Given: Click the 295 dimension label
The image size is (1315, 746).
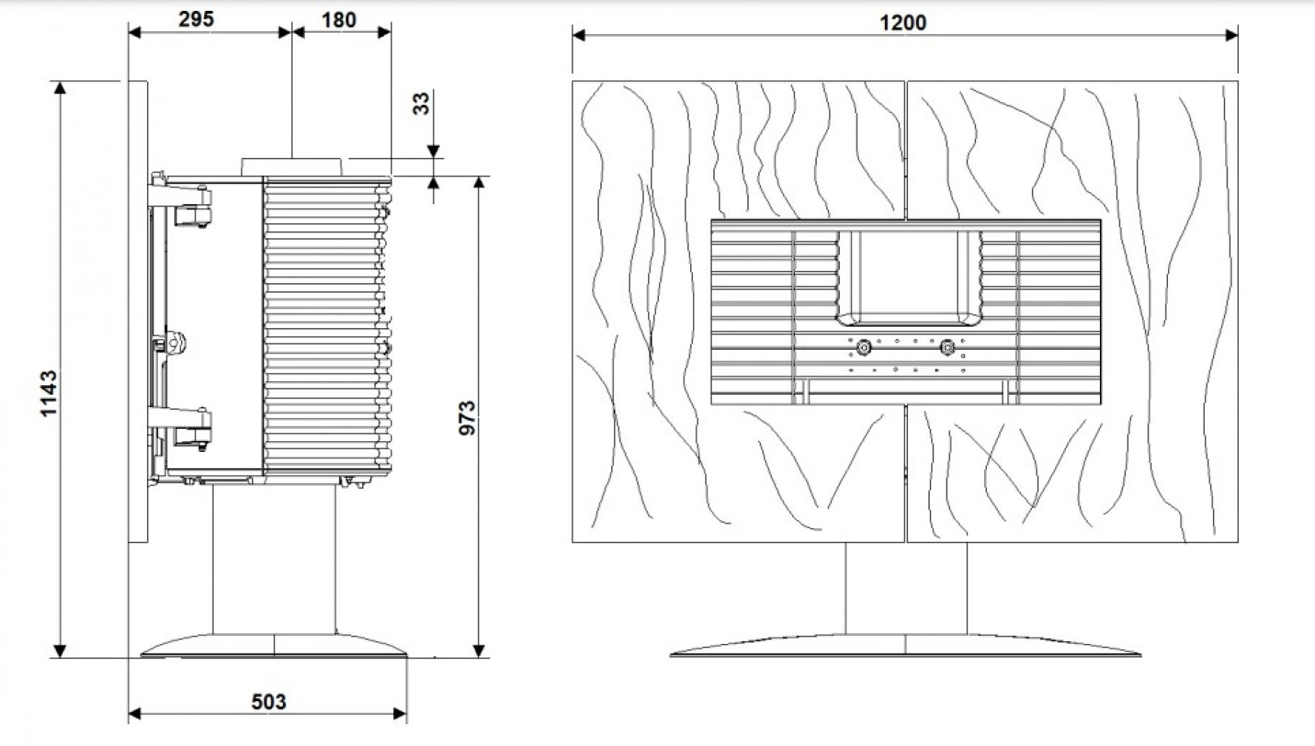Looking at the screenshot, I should [196, 19].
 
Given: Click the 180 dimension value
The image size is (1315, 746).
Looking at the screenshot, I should [339, 20].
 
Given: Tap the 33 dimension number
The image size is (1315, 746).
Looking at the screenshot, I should [420, 104].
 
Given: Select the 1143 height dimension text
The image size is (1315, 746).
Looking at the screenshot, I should [49, 393].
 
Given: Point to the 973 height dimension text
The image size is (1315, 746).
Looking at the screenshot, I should [467, 418].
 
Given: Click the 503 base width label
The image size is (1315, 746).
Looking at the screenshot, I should [269, 702].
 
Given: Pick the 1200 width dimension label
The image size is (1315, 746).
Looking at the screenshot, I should [903, 22].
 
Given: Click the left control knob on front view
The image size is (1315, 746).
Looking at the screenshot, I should [862, 348].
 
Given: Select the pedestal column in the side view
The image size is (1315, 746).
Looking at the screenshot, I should [274, 558].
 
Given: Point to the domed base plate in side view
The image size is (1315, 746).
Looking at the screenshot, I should [274, 646].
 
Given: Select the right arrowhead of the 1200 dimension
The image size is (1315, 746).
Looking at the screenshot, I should [1231, 34].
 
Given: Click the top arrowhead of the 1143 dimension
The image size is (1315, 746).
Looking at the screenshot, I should [60, 88].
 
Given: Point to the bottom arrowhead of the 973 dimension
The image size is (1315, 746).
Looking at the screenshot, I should [478, 650].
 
